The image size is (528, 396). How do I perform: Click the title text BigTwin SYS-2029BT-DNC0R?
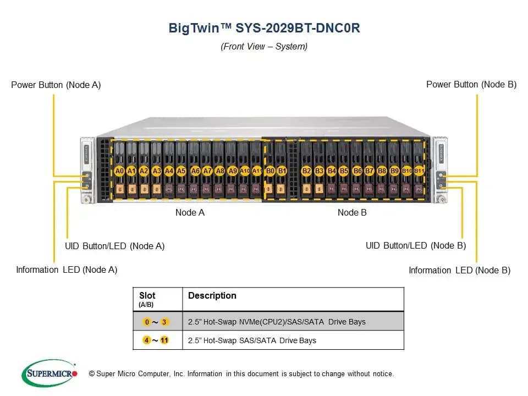point(265,28)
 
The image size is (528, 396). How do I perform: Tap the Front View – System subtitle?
point(264,46)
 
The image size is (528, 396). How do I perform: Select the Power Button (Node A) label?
point(56,85)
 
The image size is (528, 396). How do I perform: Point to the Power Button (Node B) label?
point(471,85)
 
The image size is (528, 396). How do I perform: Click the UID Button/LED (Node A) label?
point(115,246)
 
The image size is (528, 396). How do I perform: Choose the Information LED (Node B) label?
point(460,271)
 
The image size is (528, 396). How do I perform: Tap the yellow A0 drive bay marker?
point(119,171)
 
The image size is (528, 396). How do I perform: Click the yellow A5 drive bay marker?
point(181,171)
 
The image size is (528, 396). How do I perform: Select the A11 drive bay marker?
point(257,171)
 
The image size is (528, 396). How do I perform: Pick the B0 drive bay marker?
point(270,171)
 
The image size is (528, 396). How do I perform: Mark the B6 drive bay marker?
point(358,171)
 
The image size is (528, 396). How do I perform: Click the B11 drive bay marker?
point(419,171)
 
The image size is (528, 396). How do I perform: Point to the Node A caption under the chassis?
point(190,213)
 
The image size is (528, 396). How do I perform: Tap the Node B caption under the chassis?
point(352,213)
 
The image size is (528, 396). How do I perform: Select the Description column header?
point(212,296)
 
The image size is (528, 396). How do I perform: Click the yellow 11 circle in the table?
point(164,340)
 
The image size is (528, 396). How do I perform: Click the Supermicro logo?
point(50,373)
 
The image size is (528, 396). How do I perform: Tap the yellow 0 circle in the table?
point(147,322)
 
